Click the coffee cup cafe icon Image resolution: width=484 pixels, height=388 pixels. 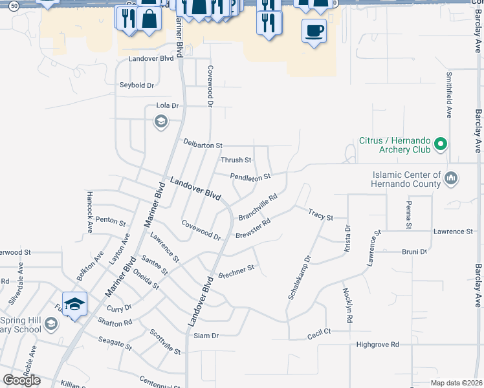[314, 30]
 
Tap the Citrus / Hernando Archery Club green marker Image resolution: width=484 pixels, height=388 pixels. [441, 144]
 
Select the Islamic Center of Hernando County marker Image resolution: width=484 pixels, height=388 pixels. [452, 177]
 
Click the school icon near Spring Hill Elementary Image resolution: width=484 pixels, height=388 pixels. [74, 304]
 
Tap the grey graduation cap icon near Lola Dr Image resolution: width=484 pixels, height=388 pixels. [160, 121]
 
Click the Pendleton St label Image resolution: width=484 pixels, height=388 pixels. [250, 176]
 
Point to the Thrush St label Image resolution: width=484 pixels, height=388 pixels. [236, 160]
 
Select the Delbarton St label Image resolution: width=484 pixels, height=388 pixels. [203, 145]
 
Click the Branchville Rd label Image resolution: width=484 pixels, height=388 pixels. [258, 206]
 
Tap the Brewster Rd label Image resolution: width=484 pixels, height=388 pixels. [252, 228]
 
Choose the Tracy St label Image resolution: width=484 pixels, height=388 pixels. [320, 213]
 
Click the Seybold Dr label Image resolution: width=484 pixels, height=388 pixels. [137, 85]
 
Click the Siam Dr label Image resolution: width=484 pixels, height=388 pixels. [206, 336]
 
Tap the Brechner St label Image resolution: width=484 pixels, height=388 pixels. [237, 272]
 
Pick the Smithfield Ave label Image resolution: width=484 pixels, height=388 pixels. [448, 94]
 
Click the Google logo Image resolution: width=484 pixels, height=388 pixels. [21, 380]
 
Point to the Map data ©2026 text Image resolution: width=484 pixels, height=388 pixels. [456, 383]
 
